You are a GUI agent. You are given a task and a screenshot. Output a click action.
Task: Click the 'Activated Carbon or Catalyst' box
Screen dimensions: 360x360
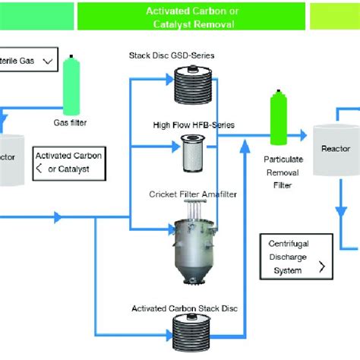[x=69, y=162]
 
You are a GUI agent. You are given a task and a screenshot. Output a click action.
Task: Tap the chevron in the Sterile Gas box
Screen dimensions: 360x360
[x=47, y=59]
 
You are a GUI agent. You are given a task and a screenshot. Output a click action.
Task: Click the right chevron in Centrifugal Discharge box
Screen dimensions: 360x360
[x=321, y=267]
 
